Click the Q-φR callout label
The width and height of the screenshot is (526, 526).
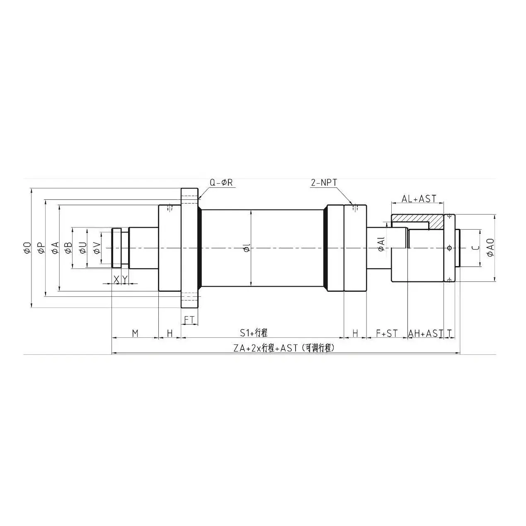tap(221, 182)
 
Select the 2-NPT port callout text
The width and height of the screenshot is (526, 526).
tap(324, 182)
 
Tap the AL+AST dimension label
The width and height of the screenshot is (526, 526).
tap(419, 199)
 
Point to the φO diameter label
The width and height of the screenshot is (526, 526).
tap(27, 248)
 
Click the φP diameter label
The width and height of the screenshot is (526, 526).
tap(41, 248)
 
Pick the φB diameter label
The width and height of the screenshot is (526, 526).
tap(68, 248)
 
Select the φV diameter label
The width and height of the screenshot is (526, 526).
tap(97, 248)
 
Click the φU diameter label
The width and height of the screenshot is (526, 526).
tap(83, 248)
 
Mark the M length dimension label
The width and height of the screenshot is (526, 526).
tap(135, 333)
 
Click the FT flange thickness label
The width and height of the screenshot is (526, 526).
tap(189, 320)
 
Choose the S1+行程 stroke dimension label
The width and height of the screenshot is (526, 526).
tap(254, 333)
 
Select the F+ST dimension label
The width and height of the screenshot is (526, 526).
tap(386, 333)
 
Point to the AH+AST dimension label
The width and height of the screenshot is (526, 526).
tap(426, 333)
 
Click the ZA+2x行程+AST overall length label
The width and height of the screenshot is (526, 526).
tap(284, 348)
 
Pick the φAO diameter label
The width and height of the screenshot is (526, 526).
tap(490, 247)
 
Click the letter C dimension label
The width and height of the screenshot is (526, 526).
tap(476, 248)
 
